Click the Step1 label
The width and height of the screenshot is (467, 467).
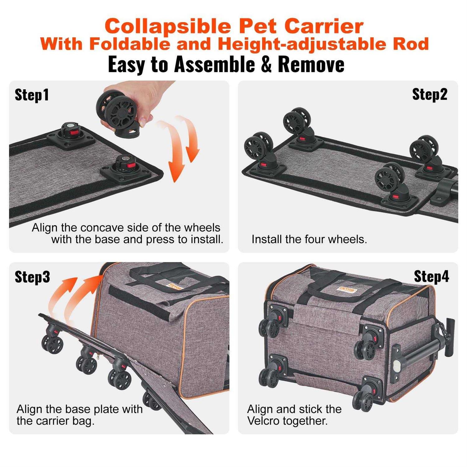pos(32,95)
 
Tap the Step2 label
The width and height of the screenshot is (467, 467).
pos(429,94)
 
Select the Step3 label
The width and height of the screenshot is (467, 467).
pos(32,277)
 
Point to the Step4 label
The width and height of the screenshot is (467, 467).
pos(431,276)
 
